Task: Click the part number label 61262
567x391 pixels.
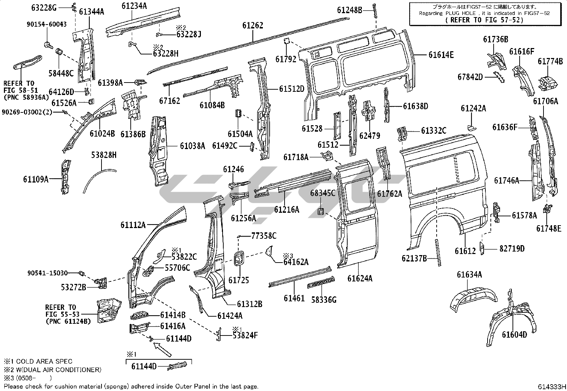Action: click(253, 26)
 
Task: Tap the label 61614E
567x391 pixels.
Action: click(441, 55)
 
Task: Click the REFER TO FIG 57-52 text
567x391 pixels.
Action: click(484, 20)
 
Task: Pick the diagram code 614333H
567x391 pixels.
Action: click(552, 386)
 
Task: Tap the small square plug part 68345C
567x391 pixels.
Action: click(321, 212)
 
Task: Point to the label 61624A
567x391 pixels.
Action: click(360, 278)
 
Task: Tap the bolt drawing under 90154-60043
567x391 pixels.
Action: click(47, 44)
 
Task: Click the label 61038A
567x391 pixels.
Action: click(192, 145)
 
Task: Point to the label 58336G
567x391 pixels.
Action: click(323, 300)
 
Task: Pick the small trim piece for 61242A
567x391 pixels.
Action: click(470, 127)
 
